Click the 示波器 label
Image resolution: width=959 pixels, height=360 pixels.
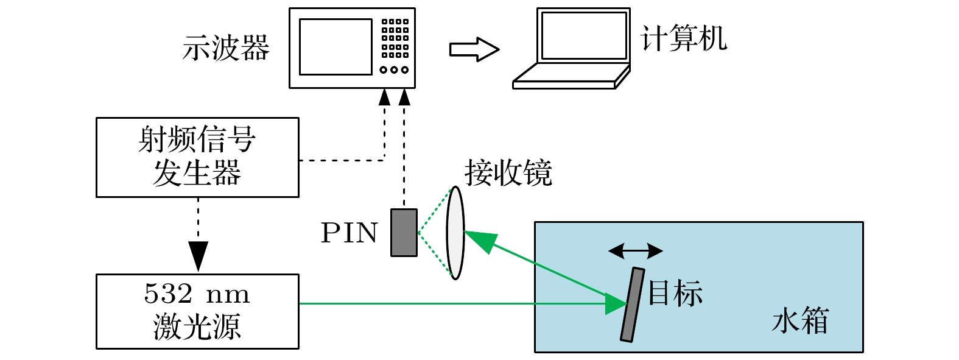[x=226, y=48]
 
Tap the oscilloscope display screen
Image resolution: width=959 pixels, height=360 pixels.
[x=335, y=47]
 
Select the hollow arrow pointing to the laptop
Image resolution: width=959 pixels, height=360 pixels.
[x=474, y=49]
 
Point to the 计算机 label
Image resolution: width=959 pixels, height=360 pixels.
[x=684, y=38]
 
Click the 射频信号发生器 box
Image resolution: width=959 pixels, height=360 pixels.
[x=197, y=157]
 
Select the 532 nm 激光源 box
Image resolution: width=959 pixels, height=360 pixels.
[x=197, y=311]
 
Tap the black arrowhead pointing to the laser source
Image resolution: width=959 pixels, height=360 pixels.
[x=198, y=256]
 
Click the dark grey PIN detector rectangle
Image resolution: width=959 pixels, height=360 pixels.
[x=404, y=233]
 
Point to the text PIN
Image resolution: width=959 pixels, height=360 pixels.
[x=350, y=233]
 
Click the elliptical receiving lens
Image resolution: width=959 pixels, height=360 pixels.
[x=455, y=233]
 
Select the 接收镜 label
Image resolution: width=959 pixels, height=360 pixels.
[x=508, y=173]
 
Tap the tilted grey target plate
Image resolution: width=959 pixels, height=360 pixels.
[x=632, y=305]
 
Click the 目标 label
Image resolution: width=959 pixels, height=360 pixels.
[x=675, y=293]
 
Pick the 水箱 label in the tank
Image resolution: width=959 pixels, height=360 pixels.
[x=800, y=320]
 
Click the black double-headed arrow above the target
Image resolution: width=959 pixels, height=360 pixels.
[x=635, y=250]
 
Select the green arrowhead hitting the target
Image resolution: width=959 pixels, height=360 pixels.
[x=616, y=303]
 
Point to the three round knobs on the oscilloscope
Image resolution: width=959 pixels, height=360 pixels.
[x=394, y=70]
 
